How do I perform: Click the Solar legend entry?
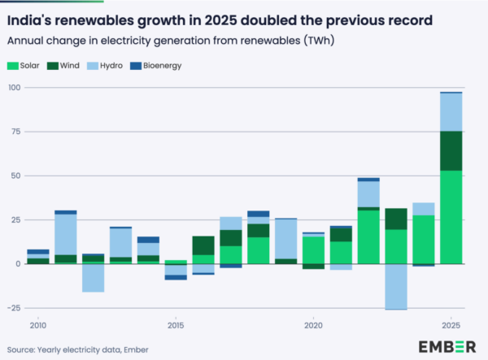click(28, 65)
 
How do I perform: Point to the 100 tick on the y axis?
click(14, 87)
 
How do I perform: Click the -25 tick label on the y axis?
click(14, 308)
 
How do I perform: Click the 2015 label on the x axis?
click(175, 325)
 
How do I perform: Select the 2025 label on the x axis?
click(451, 325)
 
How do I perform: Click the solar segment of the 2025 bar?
click(451, 217)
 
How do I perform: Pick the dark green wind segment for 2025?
click(451, 150)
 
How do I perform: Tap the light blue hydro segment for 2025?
click(451, 112)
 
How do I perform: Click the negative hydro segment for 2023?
click(395, 286)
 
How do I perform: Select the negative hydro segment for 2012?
click(93, 278)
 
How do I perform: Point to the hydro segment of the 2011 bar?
click(66, 234)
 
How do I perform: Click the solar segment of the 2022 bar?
click(368, 236)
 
